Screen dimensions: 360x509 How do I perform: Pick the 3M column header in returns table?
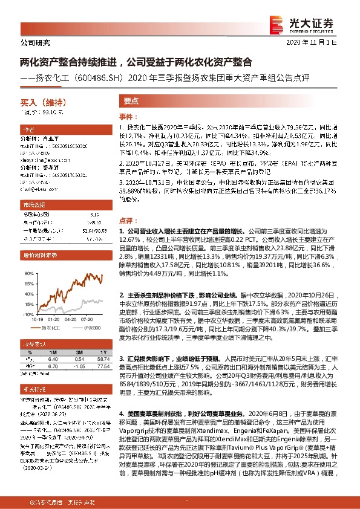tap(78, 352)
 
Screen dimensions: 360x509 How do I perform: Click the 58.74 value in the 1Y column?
tap(101, 358)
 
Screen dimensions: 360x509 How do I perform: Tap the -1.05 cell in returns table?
tap(78, 366)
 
